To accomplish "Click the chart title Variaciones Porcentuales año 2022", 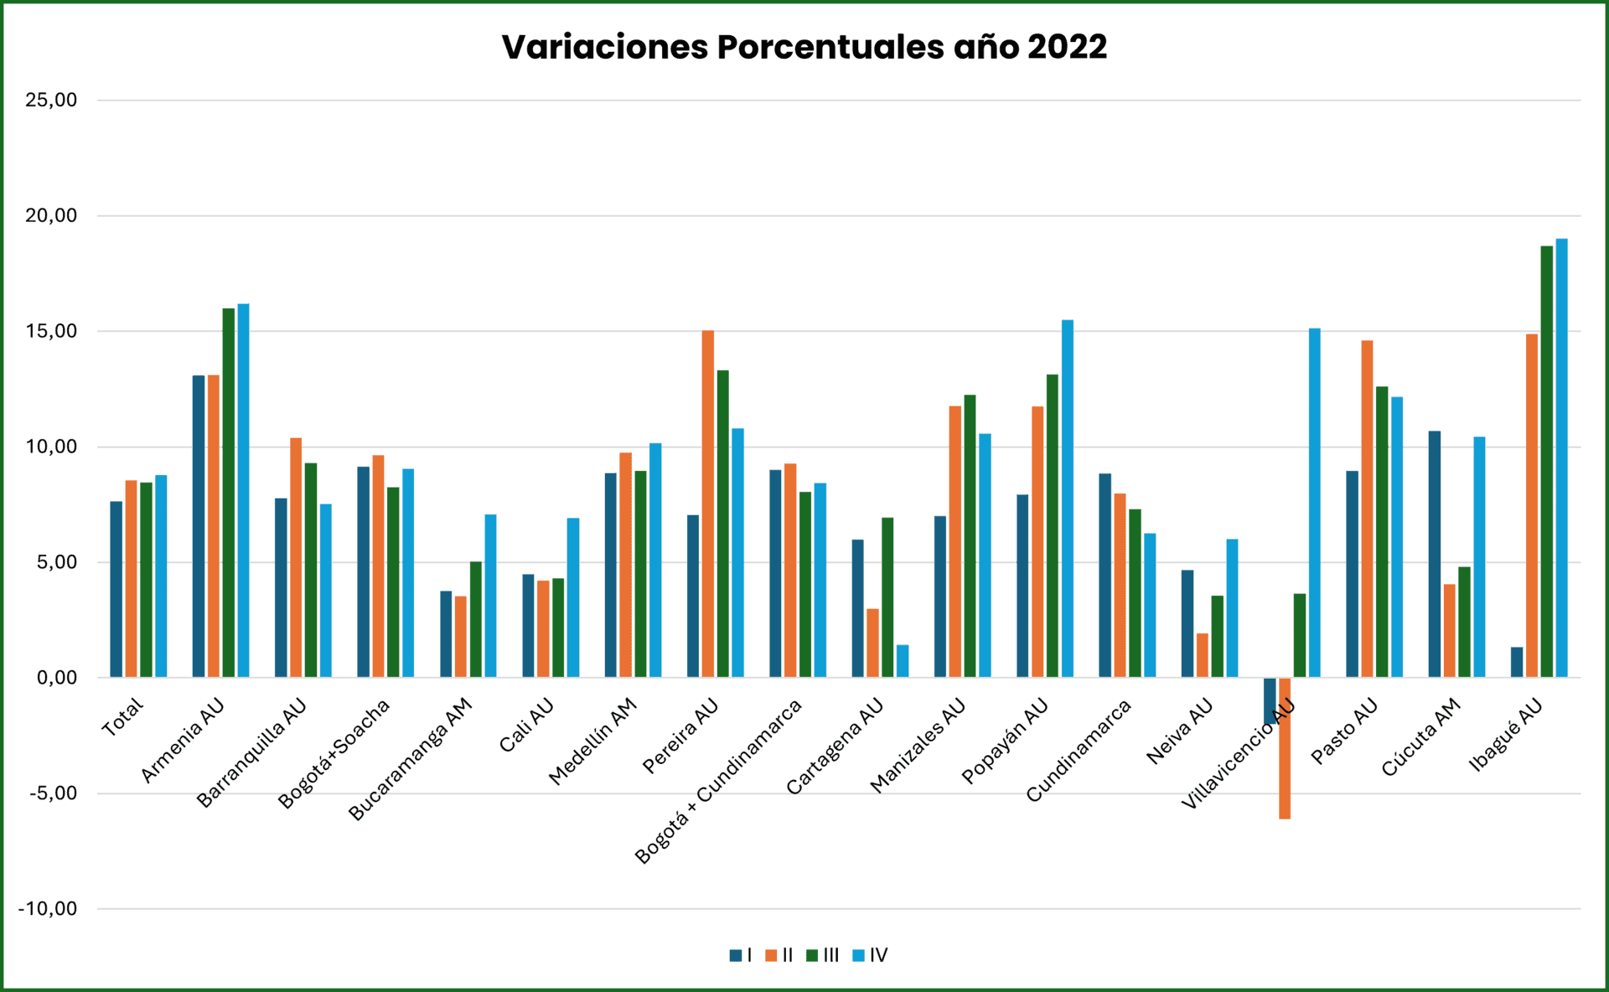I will click(x=804, y=47).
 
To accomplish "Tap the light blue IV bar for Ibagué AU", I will click(x=1562, y=458).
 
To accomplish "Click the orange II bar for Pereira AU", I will click(x=708, y=504).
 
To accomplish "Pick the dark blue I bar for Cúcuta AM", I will click(x=1435, y=554).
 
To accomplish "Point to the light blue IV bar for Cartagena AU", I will click(x=903, y=661).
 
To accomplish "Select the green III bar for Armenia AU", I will click(x=229, y=493).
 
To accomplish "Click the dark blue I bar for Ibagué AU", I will click(x=1517, y=662).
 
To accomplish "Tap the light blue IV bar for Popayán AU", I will click(x=1068, y=499).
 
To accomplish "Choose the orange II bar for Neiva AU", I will click(x=1203, y=655).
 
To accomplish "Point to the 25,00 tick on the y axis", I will click(x=51, y=101).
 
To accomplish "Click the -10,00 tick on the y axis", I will click(x=48, y=909).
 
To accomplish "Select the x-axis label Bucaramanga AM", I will click(x=411, y=759).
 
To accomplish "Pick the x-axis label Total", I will click(x=122, y=718).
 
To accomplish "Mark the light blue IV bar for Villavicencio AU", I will click(x=1314, y=503).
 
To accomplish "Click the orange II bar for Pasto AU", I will click(x=1367, y=509).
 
